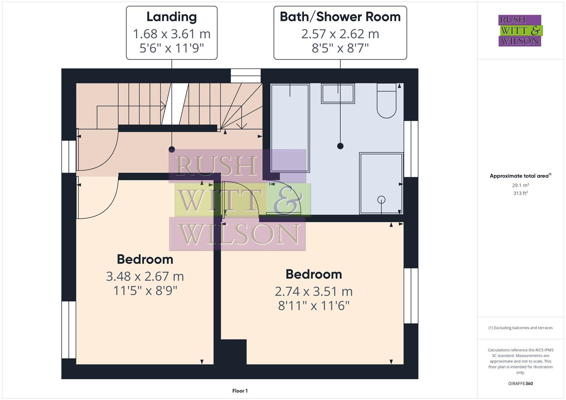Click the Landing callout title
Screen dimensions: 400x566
(171, 17)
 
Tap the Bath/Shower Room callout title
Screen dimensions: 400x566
(340, 17)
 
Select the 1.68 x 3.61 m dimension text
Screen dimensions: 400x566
(171, 34)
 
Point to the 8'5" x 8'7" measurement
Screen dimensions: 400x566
(340, 48)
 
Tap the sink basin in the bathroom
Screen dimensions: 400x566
(338, 93)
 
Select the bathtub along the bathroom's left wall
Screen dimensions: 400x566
(290, 128)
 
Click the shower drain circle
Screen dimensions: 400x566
(381, 200)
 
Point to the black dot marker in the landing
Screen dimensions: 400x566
(172, 149)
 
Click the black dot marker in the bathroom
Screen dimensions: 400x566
(340, 146)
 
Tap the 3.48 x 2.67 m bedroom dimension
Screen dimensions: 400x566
(145, 276)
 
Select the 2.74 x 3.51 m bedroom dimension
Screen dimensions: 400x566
(314, 291)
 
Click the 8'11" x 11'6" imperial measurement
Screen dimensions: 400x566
(314, 306)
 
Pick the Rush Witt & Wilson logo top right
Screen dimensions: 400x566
(520, 30)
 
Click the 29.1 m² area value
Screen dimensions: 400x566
(520, 185)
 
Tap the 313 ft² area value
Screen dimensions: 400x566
(520, 193)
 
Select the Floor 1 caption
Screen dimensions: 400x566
(240, 391)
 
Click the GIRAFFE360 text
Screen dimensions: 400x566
(520, 383)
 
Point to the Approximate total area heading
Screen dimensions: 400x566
(520, 176)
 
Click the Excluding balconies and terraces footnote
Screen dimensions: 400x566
(520, 328)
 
